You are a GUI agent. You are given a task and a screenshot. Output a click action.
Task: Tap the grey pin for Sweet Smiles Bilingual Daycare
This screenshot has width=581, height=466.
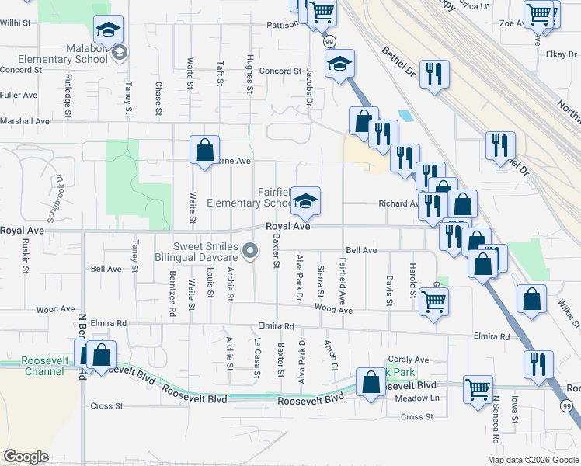(x=250, y=250)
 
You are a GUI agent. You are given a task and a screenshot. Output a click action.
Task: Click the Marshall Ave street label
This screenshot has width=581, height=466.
(x=25, y=121)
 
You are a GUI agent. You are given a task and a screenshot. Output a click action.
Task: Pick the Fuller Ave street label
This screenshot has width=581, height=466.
(x=19, y=95)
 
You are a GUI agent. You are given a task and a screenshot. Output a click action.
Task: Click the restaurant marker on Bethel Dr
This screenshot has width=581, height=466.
(x=433, y=75)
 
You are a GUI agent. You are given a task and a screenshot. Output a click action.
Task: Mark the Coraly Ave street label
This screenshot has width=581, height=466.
(x=409, y=360)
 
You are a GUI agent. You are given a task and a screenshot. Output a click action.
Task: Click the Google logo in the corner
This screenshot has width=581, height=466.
(x=26, y=456)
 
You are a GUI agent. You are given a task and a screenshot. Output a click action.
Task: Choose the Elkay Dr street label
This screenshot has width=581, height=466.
(x=558, y=54)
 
